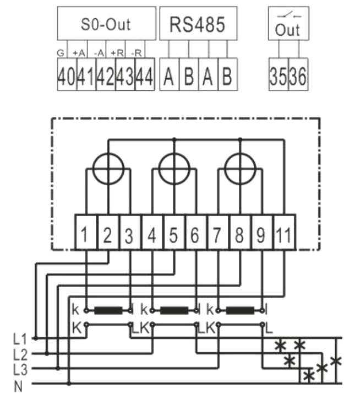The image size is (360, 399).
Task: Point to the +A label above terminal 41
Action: (78, 53)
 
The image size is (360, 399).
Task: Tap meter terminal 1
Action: (85, 236)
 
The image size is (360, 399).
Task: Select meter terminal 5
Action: (173, 236)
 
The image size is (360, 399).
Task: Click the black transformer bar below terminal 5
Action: (173, 310)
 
